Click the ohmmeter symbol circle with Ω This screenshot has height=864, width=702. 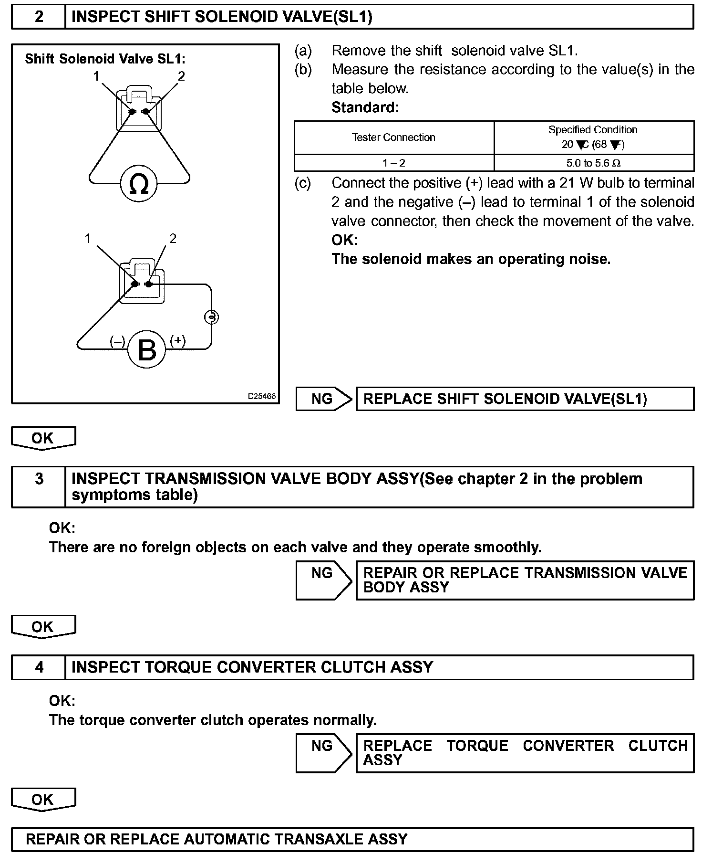tap(139, 184)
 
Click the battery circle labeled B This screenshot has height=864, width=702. tap(146, 349)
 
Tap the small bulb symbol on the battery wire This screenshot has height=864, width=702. tap(212, 317)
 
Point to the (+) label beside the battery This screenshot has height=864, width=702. tap(178, 340)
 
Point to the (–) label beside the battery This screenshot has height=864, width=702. tap(117, 341)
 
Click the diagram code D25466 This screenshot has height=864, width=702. tap(261, 396)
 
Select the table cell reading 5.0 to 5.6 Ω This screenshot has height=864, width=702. tap(594, 163)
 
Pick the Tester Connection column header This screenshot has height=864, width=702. tap(393, 137)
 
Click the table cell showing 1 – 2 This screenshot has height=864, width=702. tap(393, 163)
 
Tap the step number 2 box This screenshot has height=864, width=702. tap(39, 17)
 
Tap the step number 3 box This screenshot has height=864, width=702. tap(39, 479)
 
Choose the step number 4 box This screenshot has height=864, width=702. tap(39, 667)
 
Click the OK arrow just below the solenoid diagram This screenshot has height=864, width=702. tap(43, 438)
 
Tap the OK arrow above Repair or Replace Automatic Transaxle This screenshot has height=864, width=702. tap(43, 800)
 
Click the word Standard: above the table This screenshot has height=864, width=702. tap(365, 107)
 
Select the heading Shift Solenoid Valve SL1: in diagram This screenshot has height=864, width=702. tap(105, 59)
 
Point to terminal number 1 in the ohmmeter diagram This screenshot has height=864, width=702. tap(96, 76)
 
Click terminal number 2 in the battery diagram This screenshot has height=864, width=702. tap(173, 238)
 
